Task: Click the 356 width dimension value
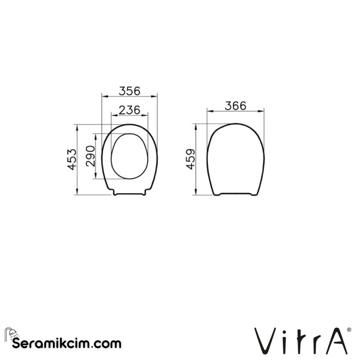(129, 91)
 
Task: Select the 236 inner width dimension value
(129, 110)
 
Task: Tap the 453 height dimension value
(72, 159)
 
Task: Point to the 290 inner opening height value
(90, 156)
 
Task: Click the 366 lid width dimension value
(236, 106)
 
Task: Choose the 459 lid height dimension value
(191, 159)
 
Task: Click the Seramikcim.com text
(67, 343)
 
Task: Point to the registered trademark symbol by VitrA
(349, 330)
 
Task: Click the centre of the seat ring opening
(129, 156)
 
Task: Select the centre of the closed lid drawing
(236, 159)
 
